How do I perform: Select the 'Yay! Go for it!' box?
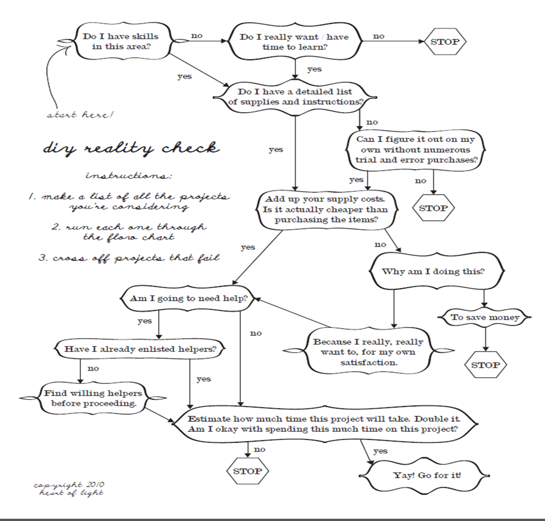pos(427,475)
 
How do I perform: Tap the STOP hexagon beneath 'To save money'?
pos(485,365)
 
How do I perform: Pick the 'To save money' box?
pos(484,317)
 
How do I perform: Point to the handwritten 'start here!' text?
pos(80,115)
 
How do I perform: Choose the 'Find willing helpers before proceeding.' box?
pos(94,398)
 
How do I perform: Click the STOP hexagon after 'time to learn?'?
pos(445,42)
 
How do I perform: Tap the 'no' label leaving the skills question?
pos(197,36)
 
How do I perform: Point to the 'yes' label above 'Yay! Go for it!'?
pos(380,451)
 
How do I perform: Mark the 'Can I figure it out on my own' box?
pos(415,150)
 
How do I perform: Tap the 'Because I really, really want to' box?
pos(368,352)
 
